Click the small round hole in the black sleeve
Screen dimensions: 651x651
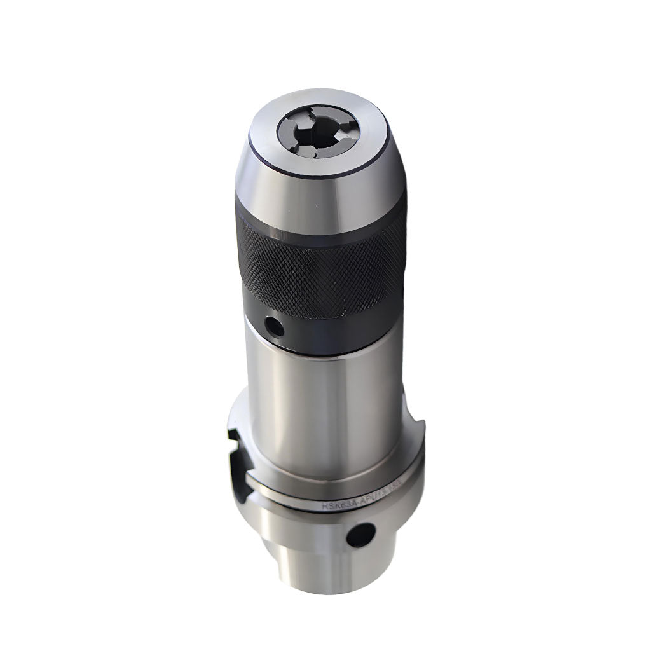point(274,327)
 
